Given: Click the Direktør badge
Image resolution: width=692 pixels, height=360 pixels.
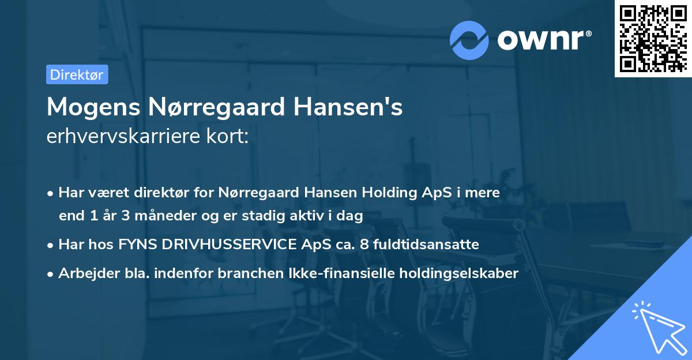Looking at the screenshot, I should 77,74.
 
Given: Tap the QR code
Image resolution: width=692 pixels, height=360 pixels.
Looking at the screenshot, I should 653,38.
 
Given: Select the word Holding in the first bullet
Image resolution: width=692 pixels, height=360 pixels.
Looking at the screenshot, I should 389,192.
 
